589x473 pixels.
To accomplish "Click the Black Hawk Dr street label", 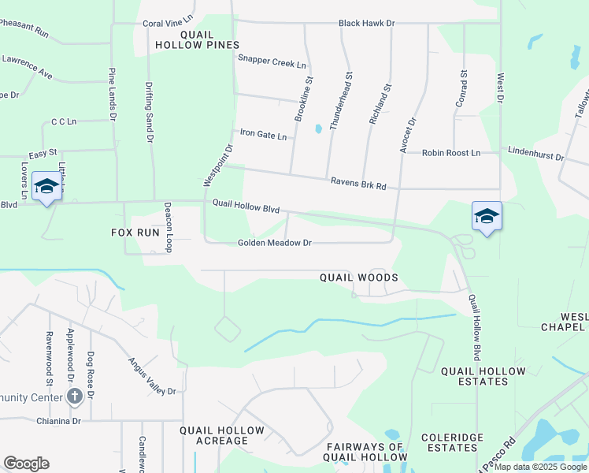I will pos(365,24).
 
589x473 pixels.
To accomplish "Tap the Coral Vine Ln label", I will pos(168,24).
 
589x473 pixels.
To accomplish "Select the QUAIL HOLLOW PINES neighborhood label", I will pos(209,40).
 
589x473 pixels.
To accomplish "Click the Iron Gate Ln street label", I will pos(263,135).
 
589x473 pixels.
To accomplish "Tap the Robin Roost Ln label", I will pos(450,153).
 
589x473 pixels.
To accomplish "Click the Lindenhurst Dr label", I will pos(536,153).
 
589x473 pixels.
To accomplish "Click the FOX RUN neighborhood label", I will pos(135,233).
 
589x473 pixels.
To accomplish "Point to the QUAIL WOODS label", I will pos(358,277).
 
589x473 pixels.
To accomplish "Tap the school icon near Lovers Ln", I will pos(46,187).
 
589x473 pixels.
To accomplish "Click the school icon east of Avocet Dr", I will pos(487,217).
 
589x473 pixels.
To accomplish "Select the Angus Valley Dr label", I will pos(153,375).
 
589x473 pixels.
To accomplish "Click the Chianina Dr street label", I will pos(58,421).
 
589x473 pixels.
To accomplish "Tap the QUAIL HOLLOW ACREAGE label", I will pos(222,435).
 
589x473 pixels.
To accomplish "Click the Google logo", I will pos(26,464).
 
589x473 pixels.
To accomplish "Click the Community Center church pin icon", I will pos(75,396).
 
